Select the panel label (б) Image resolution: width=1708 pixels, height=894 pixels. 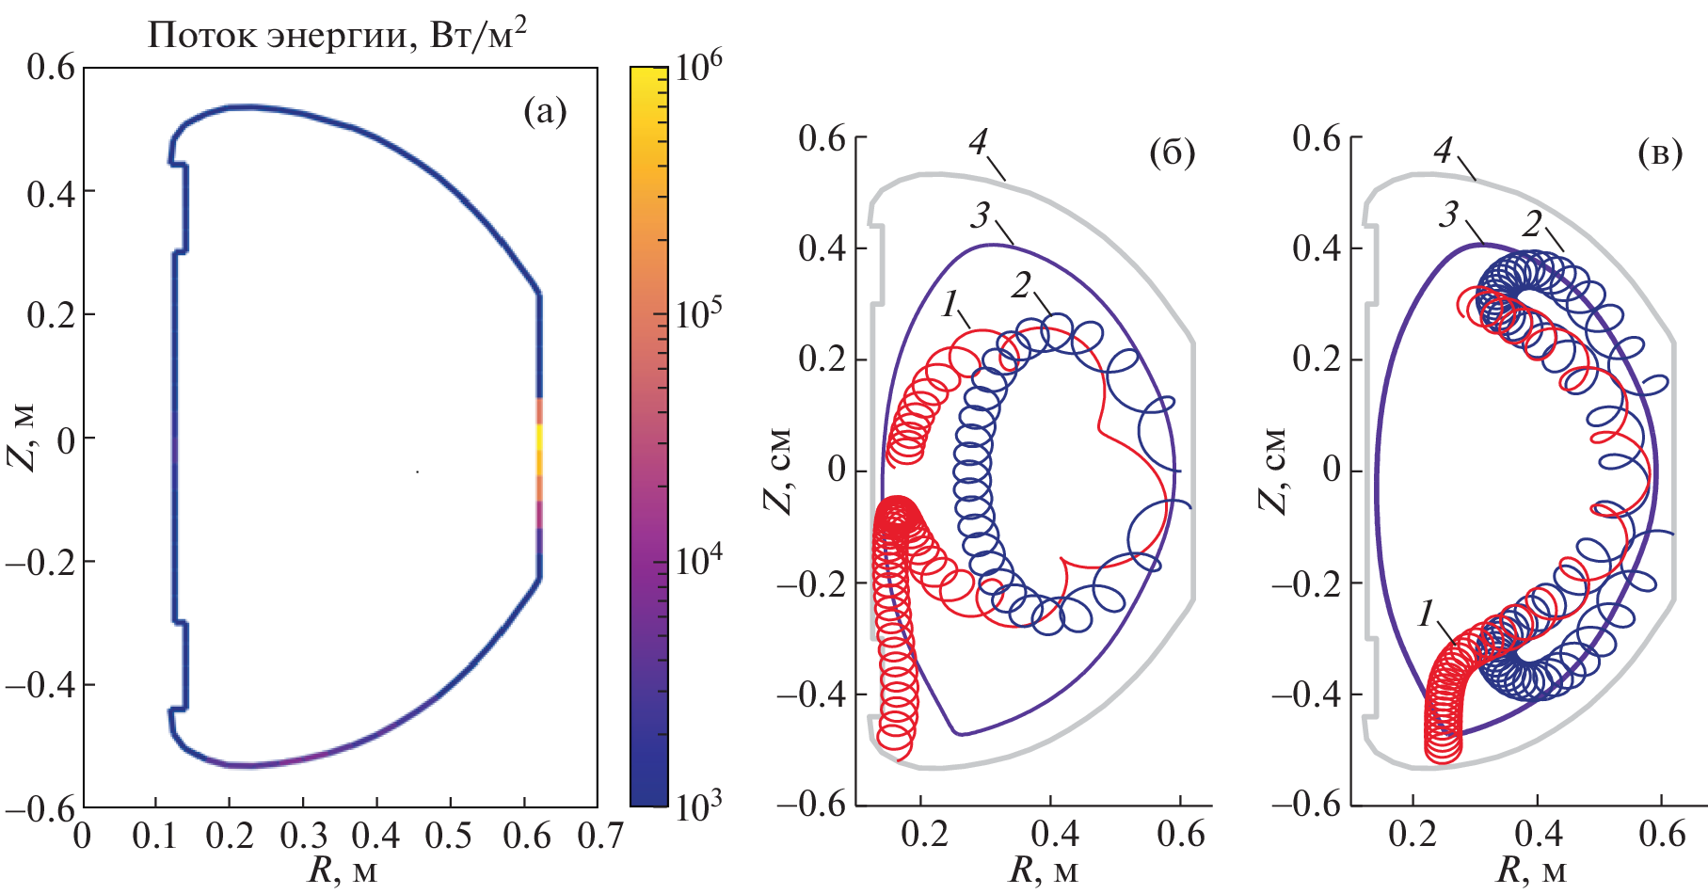point(1173,152)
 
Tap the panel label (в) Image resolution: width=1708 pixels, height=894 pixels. point(1660,152)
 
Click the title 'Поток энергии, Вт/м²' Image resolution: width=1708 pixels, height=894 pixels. point(337,35)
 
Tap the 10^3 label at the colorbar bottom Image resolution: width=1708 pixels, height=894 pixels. point(698,806)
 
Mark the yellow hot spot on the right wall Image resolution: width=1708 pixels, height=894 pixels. point(540,439)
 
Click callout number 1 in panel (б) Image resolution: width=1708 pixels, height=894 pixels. point(951,303)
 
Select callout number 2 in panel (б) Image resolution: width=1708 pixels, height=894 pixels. point(1022,284)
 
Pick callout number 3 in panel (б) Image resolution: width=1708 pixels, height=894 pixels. point(981,216)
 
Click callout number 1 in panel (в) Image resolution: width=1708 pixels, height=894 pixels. point(1428,615)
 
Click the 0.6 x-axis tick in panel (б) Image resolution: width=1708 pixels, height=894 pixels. point(1181,834)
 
